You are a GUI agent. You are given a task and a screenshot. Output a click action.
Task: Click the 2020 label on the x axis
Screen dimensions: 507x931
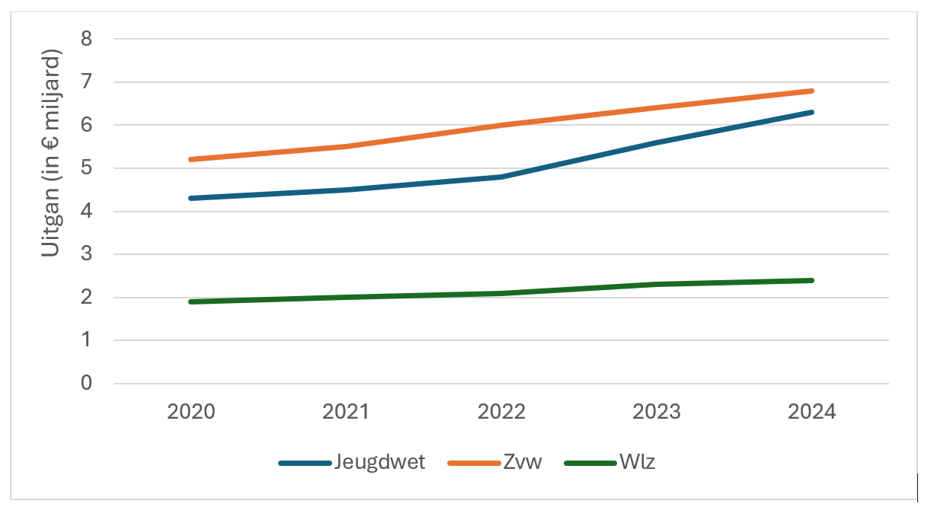pyautogui.click(x=191, y=412)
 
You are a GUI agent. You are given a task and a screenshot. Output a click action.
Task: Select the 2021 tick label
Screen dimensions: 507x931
pyautogui.click(x=346, y=412)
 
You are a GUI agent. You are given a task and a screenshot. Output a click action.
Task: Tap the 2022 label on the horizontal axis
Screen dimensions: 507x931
pyautogui.click(x=501, y=412)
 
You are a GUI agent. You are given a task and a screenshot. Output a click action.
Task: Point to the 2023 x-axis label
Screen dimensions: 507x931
pyautogui.click(x=657, y=412)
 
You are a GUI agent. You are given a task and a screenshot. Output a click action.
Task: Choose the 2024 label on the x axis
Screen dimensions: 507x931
pyautogui.click(x=812, y=412)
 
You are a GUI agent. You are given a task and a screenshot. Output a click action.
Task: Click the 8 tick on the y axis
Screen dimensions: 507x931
pyautogui.click(x=86, y=39)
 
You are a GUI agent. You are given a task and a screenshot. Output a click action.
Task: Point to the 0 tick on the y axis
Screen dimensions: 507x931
pyautogui.click(x=86, y=384)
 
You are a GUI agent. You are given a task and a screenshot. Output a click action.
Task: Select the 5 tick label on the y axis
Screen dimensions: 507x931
pyautogui.click(x=86, y=168)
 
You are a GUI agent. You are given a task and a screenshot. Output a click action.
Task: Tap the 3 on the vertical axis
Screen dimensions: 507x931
pyautogui.click(x=86, y=254)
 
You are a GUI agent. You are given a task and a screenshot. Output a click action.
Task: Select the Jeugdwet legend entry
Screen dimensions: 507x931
pyautogui.click(x=379, y=462)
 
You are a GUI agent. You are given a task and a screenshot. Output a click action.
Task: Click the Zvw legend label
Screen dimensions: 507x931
pyautogui.click(x=523, y=462)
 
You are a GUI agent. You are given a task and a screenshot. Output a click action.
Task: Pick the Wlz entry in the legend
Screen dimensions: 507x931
pyautogui.click(x=636, y=462)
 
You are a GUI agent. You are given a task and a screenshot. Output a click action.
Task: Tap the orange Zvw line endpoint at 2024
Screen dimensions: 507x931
pyautogui.click(x=812, y=91)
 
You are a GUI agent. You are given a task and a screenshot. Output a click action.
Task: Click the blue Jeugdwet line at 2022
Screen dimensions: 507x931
pyautogui.click(x=501, y=177)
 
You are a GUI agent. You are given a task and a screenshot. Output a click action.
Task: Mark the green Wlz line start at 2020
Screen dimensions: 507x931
pyautogui.click(x=191, y=301)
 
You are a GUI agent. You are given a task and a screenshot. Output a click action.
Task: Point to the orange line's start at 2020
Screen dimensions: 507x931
pyautogui.click(x=191, y=159)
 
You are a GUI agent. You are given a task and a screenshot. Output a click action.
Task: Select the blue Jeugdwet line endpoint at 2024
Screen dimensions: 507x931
pyautogui.click(x=812, y=112)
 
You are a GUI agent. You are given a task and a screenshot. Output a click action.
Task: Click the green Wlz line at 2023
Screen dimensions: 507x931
pyautogui.click(x=657, y=285)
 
